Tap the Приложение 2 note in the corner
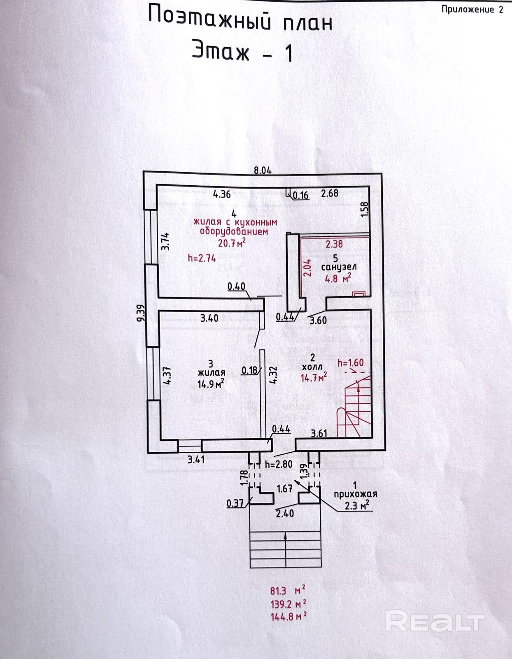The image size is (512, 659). [x=472, y=9]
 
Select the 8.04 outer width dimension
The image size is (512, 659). [x=263, y=171]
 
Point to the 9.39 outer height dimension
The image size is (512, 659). [x=142, y=312]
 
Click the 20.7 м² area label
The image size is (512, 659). [x=232, y=242]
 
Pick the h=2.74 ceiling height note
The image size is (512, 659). [x=202, y=258]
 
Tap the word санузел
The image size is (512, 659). [x=339, y=268]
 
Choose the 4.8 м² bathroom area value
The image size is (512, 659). [x=338, y=278]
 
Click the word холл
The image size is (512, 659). [x=312, y=367]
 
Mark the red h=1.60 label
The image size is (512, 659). [x=351, y=363]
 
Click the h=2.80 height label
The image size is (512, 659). [x=279, y=464]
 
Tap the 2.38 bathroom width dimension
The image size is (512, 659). [x=334, y=244]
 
